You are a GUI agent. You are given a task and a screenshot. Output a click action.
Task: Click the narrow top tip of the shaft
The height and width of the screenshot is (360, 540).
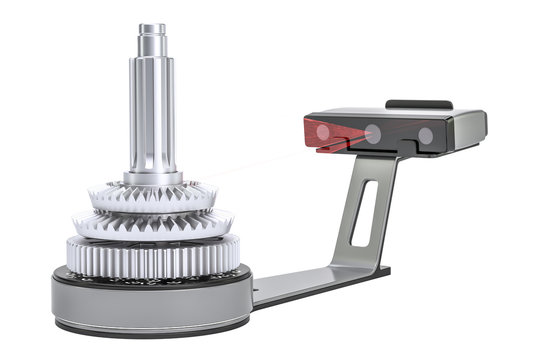coord(152,30)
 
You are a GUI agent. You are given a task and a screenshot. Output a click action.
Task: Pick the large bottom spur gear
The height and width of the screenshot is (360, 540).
coord(150,258)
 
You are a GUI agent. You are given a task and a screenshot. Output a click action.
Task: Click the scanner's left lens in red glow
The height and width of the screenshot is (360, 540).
coord(323,132)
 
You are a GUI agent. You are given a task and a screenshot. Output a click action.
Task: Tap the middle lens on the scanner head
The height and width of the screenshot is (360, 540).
coord(372,133)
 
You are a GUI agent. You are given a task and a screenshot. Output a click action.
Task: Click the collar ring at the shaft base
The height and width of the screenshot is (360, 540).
coord(152,179)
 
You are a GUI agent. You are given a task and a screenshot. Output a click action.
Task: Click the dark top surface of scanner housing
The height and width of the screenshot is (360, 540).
coord(390,113)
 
